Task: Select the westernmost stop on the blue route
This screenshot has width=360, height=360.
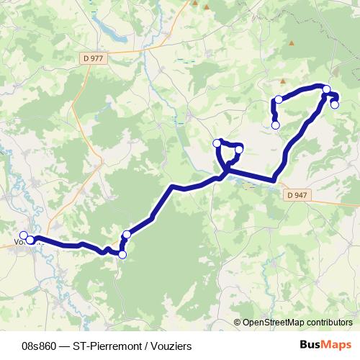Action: (23, 235)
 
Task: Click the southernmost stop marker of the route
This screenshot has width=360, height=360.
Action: (122, 255)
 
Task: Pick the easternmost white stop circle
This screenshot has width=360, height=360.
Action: (334, 104)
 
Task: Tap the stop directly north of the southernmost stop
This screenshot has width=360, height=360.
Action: (127, 234)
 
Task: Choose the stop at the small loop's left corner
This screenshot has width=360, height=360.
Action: (217, 143)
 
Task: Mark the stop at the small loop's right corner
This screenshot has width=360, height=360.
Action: (239, 150)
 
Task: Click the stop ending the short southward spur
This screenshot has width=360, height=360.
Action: (275, 125)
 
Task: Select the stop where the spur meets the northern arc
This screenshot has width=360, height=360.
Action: (278, 99)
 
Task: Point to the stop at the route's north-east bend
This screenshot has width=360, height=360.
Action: (327, 89)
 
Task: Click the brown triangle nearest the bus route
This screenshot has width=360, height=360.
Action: (282, 81)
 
